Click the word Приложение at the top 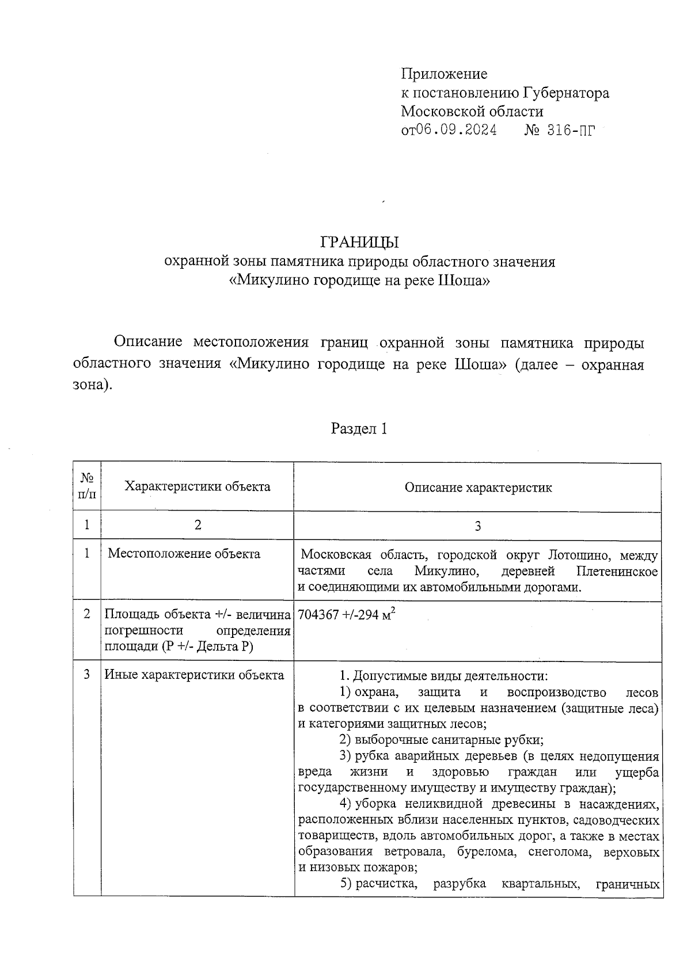[x=444, y=74]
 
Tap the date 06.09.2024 [x=457, y=131]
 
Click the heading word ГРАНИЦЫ [x=359, y=242]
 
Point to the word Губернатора [x=566, y=93]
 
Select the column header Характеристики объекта [x=198, y=486]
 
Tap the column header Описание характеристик [x=478, y=488]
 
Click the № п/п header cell [x=87, y=486]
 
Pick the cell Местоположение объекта [x=184, y=554]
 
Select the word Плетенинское [x=617, y=572]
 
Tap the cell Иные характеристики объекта [x=194, y=675]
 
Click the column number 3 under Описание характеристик [x=478, y=526]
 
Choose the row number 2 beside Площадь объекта [x=87, y=614]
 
